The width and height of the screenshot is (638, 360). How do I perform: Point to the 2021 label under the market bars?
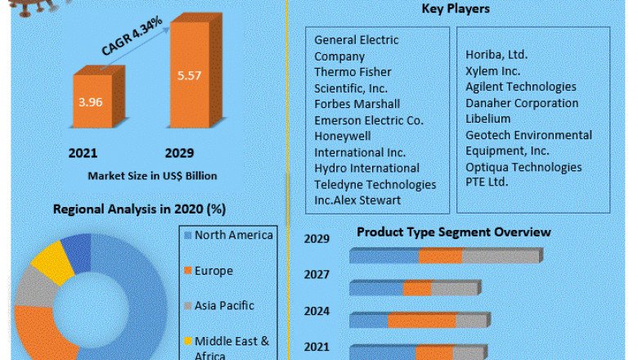84,152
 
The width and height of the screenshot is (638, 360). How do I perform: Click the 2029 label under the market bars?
179,152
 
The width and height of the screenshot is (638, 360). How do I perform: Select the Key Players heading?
456,9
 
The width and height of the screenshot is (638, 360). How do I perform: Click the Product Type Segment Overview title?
453,232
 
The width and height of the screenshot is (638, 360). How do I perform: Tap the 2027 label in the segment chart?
317,275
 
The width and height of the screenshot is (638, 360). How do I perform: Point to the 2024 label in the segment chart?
317,312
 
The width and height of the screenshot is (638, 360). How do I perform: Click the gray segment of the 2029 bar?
501,257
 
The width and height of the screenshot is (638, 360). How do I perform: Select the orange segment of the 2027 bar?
417,288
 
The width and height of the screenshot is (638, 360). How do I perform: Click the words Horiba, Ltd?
496,54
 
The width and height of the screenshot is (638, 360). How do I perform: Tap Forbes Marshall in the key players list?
357,104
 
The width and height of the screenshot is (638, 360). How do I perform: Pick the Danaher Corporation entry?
522,103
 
